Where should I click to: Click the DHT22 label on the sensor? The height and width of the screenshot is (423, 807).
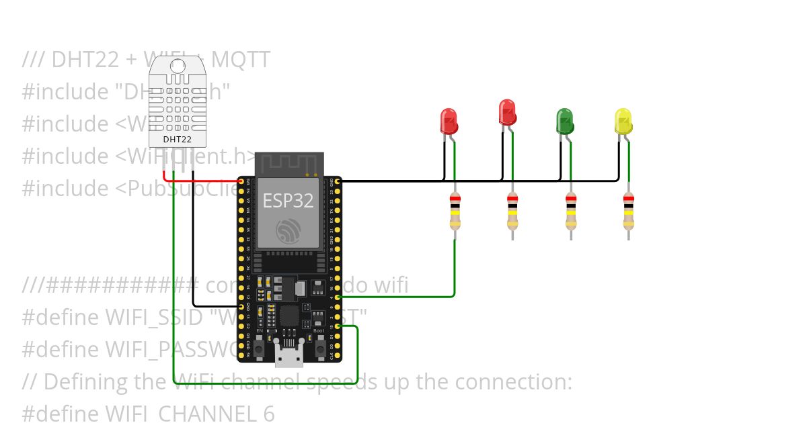177,140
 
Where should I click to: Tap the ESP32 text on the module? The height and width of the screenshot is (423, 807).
289,200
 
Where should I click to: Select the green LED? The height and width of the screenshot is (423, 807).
564,122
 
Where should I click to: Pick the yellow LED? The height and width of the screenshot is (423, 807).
623,122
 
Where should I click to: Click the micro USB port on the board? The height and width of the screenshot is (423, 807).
289,356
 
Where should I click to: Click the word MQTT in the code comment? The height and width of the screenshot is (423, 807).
240,60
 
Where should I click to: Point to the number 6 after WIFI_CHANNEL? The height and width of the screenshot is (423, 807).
268,414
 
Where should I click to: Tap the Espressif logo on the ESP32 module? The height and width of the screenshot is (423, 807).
289,232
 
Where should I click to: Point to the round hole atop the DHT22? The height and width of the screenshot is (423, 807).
178,66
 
